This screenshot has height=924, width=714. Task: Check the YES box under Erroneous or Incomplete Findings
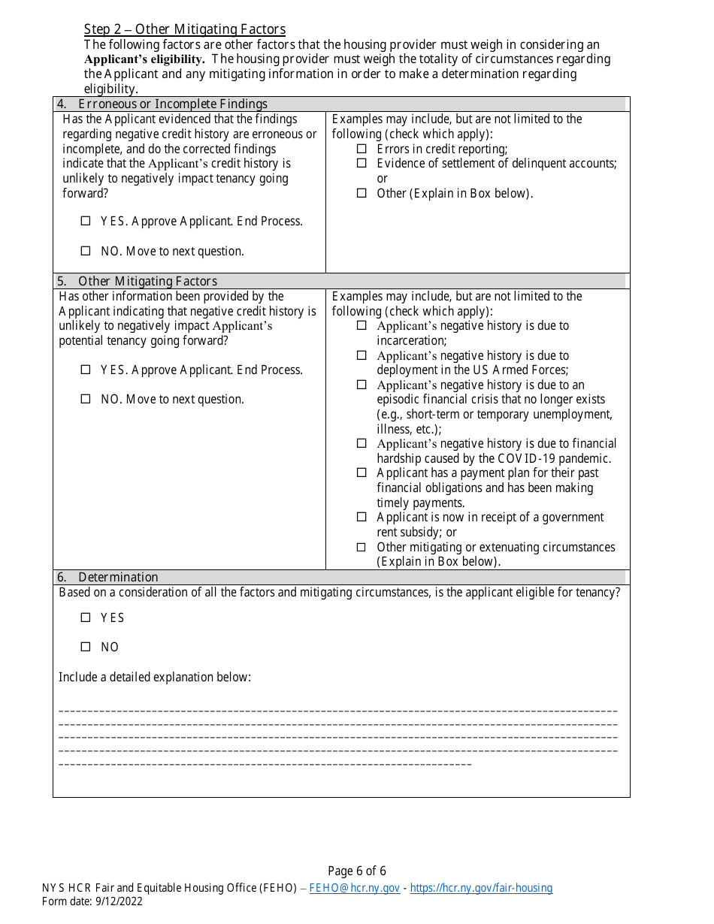pos(86,222)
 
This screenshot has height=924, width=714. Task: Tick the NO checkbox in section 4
pos(86,252)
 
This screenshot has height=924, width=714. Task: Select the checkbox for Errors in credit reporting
pos(362,149)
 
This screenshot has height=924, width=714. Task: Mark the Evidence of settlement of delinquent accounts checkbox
pos(362,164)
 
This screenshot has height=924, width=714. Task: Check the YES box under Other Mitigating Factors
pos(86,370)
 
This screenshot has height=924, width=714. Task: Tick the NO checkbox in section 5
pos(86,400)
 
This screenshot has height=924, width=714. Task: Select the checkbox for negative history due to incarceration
pos(362,326)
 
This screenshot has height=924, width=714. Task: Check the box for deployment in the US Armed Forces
pos(362,355)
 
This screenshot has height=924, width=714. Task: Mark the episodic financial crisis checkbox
pos(362,385)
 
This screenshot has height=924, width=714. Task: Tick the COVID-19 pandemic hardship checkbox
pos(362,444)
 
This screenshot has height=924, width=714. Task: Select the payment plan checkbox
pos(362,473)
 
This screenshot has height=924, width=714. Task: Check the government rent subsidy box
pos(362,518)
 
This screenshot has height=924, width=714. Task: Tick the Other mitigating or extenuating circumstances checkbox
pos(362,548)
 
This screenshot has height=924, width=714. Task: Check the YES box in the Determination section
pos(86,618)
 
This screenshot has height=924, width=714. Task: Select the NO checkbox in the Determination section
pos(86,648)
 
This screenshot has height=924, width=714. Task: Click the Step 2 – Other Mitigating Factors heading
pos(184,29)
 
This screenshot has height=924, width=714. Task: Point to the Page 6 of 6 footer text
pos(357,871)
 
